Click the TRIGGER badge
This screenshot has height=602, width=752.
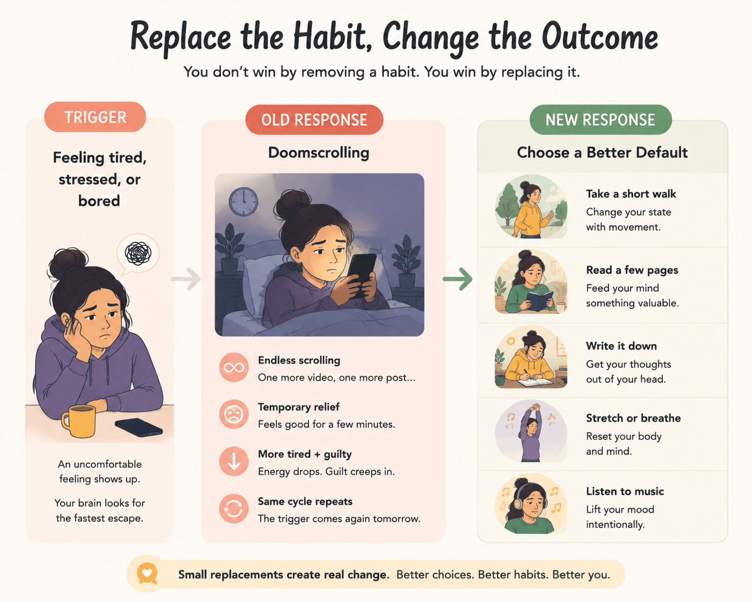pyautogui.click(x=95, y=117)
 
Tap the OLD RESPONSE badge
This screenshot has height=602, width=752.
pyautogui.click(x=314, y=120)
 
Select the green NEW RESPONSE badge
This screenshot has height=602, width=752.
pyautogui.click(x=600, y=120)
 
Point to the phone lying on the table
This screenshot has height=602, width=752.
pyautogui.click(x=139, y=427)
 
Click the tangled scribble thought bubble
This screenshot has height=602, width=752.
pyautogui.click(x=138, y=254)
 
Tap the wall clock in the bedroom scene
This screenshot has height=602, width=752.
pyautogui.click(x=244, y=202)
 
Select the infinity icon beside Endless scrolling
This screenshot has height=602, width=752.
pyautogui.click(x=234, y=368)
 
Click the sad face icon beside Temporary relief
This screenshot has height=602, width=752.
pyautogui.click(x=234, y=414)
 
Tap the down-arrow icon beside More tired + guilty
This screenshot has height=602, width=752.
pyautogui.click(x=234, y=461)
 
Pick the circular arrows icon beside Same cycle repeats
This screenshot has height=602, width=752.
pyautogui.click(x=234, y=508)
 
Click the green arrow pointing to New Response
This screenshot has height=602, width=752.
pyautogui.click(x=458, y=278)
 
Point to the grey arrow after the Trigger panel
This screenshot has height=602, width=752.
pyautogui.click(x=186, y=278)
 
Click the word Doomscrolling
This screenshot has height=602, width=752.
pyautogui.click(x=319, y=153)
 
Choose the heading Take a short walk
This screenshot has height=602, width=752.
pyautogui.click(x=631, y=194)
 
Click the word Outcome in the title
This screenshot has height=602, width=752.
pyautogui.click(x=600, y=38)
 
